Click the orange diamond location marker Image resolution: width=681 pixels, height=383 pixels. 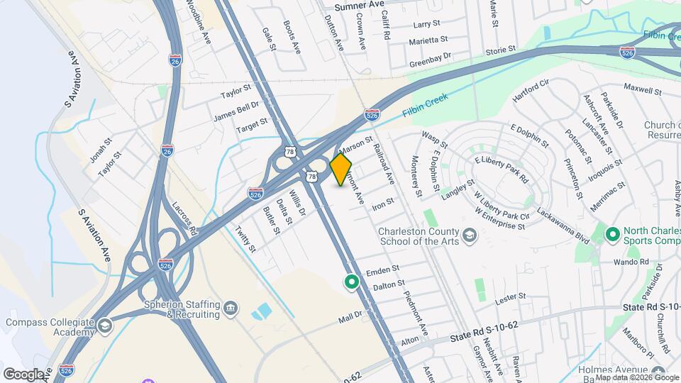point(341,170)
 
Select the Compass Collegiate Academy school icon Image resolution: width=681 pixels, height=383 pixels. point(104,326)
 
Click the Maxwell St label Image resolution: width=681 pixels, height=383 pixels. point(642,90)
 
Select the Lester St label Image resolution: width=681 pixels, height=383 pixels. point(511,296)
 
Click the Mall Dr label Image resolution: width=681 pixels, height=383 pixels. point(350,316)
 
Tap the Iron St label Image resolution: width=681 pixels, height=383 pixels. point(383,204)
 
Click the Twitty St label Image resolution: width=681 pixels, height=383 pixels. point(245,239)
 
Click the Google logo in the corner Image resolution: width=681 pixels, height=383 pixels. point(23,374)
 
